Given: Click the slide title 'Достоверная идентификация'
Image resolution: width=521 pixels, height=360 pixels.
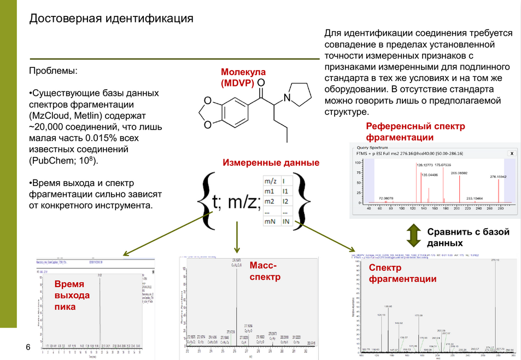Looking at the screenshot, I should pyautogui.click(x=111, y=19).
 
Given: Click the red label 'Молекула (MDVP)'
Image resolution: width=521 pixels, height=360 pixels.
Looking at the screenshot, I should pyautogui.click(x=243, y=78).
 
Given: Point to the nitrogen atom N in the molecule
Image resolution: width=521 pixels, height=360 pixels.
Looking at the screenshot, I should pyautogui.click(x=287, y=99).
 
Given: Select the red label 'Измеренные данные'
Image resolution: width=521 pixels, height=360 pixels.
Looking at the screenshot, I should pyautogui.click(x=271, y=163).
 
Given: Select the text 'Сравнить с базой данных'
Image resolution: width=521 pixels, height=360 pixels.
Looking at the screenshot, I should pyautogui.click(x=467, y=237).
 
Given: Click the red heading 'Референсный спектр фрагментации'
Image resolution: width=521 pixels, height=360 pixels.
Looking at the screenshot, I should pyautogui.click(x=415, y=132).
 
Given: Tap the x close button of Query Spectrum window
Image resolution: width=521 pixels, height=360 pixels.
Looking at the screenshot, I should pyautogui.click(x=512, y=154).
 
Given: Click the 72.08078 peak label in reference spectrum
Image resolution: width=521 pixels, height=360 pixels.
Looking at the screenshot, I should pyautogui.click(x=385, y=198).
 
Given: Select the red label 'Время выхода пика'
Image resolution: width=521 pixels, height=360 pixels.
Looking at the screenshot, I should pyautogui.click(x=72, y=295).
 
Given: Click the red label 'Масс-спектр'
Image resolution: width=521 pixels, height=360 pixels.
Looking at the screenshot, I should pyautogui.click(x=265, y=271).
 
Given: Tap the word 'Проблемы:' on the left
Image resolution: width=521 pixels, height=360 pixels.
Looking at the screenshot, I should pyautogui.click(x=53, y=71).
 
